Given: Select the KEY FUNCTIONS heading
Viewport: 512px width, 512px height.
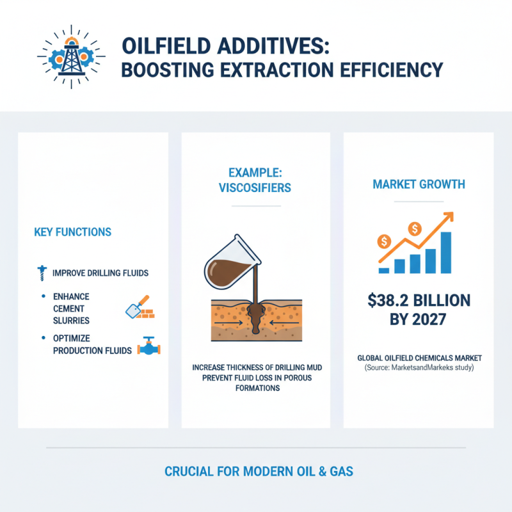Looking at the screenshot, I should click(72, 232).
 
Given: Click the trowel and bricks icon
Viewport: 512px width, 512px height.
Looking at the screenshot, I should click(138, 308).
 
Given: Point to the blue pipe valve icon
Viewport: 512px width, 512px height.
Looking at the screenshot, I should click(148, 346).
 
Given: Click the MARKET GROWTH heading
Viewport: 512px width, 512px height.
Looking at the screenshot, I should click(419, 184).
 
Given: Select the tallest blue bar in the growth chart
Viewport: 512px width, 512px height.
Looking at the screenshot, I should click(446, 252).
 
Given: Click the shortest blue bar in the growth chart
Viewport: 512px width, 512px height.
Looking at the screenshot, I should click(384, 270).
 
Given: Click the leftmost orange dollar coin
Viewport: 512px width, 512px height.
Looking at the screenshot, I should click(385, 241).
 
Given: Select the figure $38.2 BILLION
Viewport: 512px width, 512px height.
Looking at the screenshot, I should click(419, 300).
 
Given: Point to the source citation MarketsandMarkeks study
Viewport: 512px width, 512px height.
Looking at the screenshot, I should click(429, 369).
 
